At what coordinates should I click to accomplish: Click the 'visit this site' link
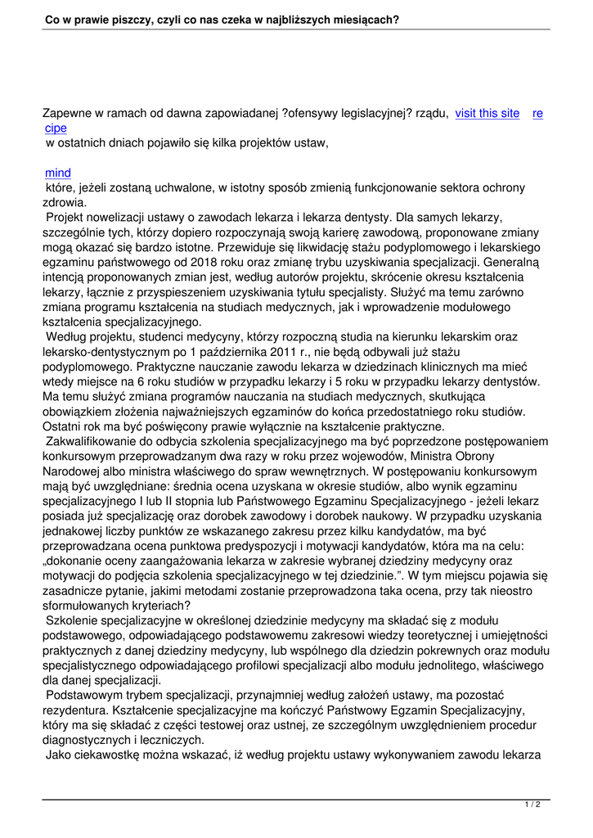(x=487, y=114)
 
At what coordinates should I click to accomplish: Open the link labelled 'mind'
(x=58, y=173)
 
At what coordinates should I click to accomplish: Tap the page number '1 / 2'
(x=532, y=805)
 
